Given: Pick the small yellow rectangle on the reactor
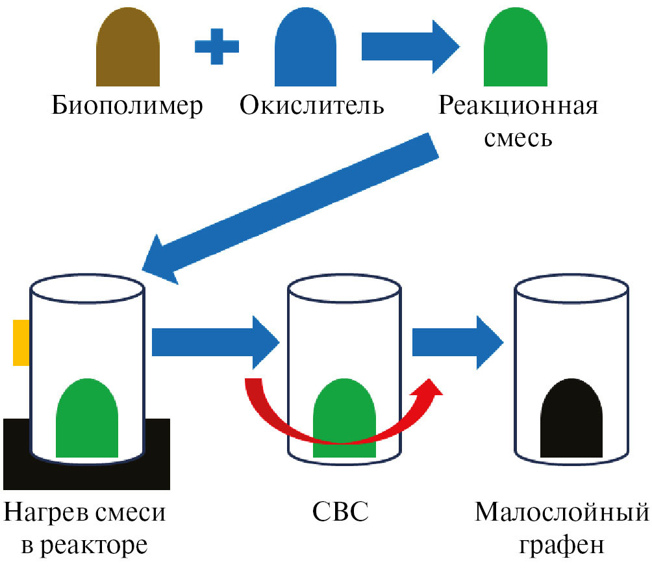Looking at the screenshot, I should pos(21,342).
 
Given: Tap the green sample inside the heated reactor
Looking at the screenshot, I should pos(87,422).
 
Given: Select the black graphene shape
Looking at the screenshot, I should pos(571,419).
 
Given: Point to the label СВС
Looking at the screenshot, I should pos(344,513).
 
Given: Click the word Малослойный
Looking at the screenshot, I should pos(562,513).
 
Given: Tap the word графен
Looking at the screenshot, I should pos(562,545).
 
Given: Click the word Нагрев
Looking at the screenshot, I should pos(45,513).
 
